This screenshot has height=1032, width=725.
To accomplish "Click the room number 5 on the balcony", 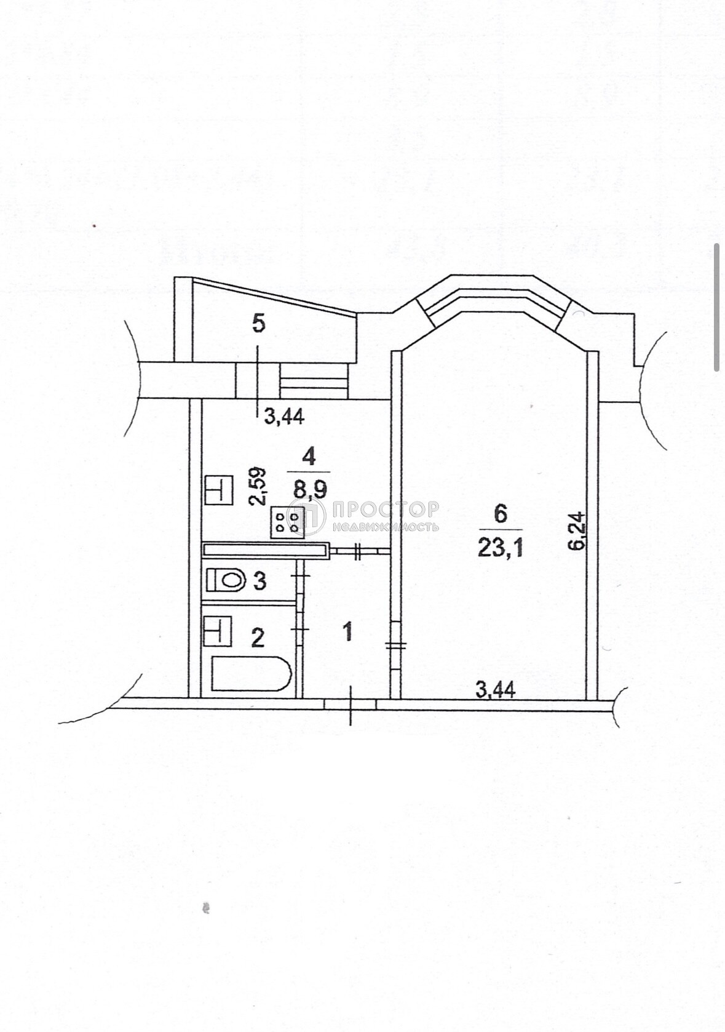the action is coord(259,324).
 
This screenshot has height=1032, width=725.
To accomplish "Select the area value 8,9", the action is coord(311,490).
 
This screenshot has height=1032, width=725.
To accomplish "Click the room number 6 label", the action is coord(501,514).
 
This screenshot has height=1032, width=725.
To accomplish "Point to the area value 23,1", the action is coord(501,548).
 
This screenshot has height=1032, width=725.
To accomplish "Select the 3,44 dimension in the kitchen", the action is coord(284,417).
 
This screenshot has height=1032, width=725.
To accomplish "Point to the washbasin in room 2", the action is coord(218,631).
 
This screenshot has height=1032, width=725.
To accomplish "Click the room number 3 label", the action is coord(260,582).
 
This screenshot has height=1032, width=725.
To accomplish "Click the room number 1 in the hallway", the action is coord(349,631).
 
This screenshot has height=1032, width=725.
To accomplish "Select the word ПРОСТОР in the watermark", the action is coord(384,510).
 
